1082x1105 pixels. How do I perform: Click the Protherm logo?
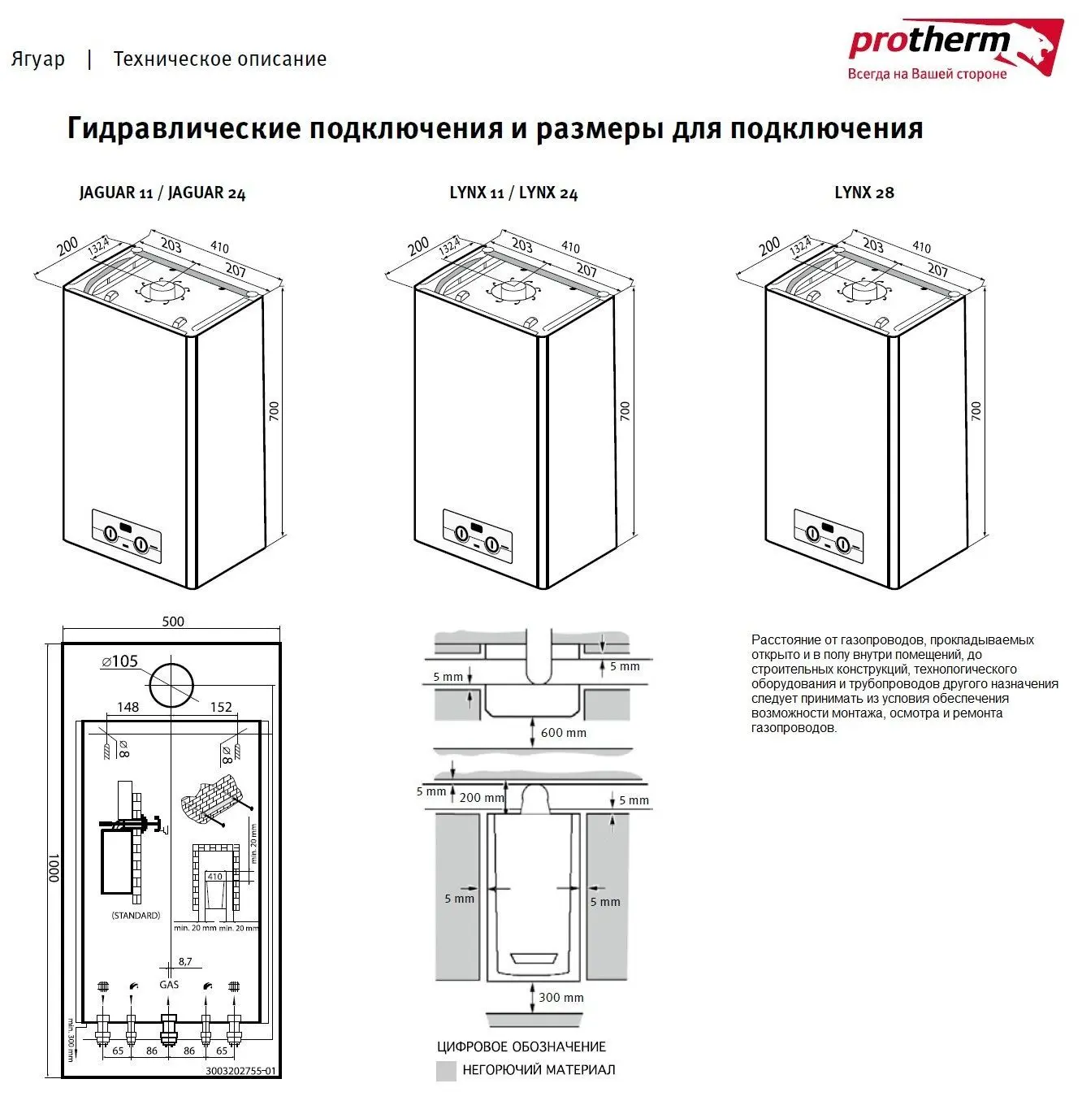click(954, 49)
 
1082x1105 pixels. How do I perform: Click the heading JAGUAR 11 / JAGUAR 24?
click(162, 193)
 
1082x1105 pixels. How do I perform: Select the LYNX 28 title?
click(864, 193)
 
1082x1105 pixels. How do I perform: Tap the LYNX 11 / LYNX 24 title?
click(513, 193)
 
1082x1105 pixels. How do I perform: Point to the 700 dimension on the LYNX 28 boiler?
click(976, 410)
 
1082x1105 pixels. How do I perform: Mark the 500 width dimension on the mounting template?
click(172, 622)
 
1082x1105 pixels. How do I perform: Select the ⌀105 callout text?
click(120, 661)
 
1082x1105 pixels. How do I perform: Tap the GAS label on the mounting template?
click(169, 985)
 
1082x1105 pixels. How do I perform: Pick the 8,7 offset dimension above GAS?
click(185, 962)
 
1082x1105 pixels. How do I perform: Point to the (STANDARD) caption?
click(136, 916)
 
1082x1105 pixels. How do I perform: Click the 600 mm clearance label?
click(563, 733)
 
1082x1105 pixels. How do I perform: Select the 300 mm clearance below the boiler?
click(560, 998)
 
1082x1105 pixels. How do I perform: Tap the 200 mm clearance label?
click(481, 798)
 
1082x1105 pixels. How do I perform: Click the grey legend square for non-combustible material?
click(446, 1071)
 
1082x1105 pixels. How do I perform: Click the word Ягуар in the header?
click(38, 59)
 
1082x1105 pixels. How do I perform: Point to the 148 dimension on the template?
click(128, 707)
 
